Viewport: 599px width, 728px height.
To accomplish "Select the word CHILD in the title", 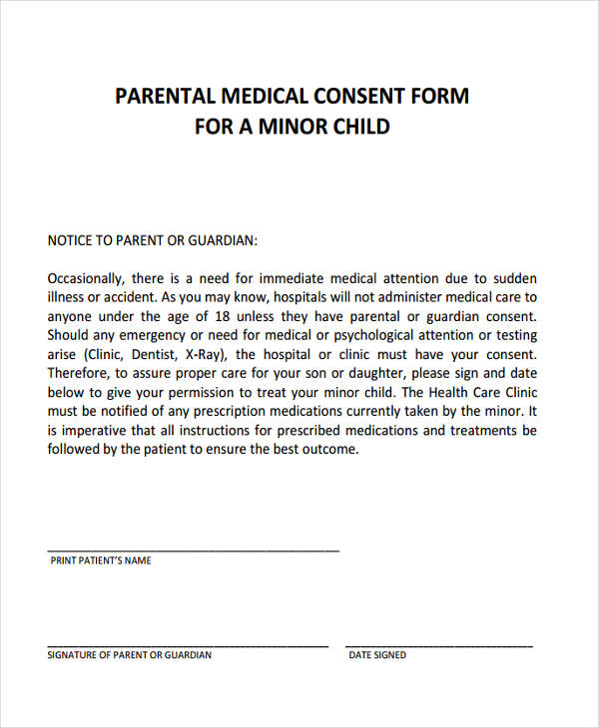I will [359, 127].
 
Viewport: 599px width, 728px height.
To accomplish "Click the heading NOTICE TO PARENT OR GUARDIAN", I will [153, 240].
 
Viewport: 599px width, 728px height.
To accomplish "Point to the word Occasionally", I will [85, 278].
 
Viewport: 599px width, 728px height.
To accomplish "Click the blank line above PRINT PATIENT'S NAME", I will [193, 550].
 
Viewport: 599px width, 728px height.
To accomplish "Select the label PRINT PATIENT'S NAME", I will [101, 561].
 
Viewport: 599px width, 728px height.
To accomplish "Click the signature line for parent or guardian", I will [188, 645].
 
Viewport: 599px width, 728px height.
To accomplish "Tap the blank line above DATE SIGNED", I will [439, 645].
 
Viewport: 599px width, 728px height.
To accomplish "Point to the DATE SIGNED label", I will [377, 656].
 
